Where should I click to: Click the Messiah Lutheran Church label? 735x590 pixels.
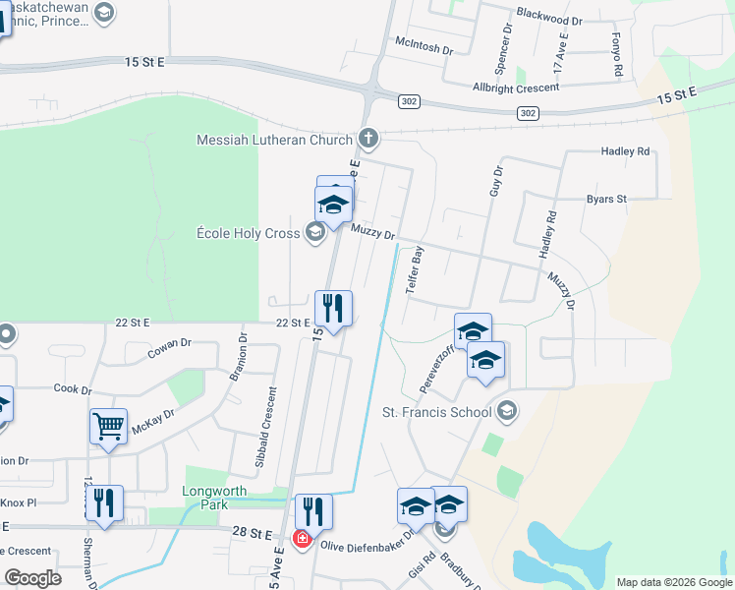point(274,140)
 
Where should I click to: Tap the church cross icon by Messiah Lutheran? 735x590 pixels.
point(368,138)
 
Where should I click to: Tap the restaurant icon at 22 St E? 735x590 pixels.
point(333,309)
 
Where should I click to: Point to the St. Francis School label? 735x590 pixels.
point(436,412)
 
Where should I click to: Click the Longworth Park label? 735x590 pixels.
point(204,497)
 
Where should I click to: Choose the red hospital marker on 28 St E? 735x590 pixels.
point(303,540)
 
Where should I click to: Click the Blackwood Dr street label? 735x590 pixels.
point(548,20)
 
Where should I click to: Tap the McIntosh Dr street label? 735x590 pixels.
point(424,47)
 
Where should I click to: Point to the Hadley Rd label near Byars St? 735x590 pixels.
point(625,151)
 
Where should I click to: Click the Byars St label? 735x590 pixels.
point(606,199)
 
